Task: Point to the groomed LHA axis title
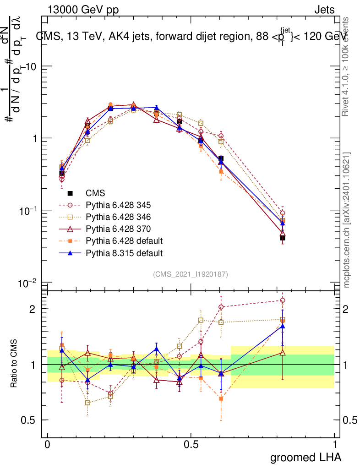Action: coord(305,457)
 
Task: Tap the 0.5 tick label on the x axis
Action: coord(191,444)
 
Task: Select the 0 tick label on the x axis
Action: coord(47,444)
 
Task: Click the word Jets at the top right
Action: coord(324,9)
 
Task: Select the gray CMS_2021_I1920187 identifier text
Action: coord(191,274)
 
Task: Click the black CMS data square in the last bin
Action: coord(283,238)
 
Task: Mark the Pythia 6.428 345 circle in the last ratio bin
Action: coord(283,300)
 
